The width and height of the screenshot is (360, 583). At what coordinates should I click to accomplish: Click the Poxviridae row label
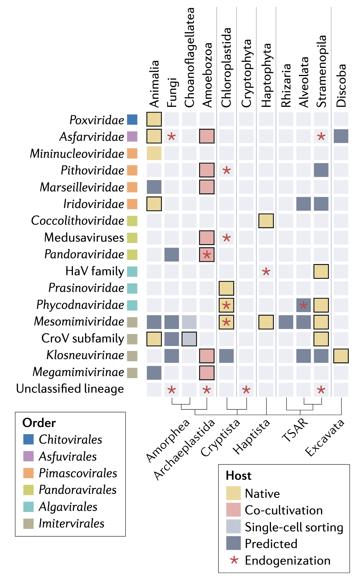pyautogui.click(x=97, y=120)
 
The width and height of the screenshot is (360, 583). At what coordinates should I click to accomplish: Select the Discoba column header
pyautogui.click(x=341, y=86)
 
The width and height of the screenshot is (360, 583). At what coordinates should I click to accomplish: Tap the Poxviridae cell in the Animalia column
pyautogui.click(x=154, y=119)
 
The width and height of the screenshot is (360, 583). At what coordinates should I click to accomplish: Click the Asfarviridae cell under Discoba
pyautogui.click(x=341, y=136)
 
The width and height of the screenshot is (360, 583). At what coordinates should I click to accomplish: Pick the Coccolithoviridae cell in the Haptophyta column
pyautogui.click(x=266, y=221)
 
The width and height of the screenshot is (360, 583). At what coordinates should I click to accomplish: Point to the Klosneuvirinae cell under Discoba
pyautogui.click(x=341, y=356)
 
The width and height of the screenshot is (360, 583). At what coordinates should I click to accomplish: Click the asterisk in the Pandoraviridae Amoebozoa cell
pyautogui.click(x=207, y=255)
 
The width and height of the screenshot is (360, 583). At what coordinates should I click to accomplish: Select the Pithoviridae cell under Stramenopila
pyautogui.click(x=321, y=170)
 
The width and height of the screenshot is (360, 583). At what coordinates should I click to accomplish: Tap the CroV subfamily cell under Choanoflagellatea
pyautogui.click(x=189, y=339)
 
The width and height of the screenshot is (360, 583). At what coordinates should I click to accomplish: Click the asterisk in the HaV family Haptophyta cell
pyautogui.click(x=266, y=272)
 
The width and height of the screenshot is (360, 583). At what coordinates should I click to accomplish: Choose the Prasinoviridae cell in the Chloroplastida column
pyautogui.click(x=226, y=288)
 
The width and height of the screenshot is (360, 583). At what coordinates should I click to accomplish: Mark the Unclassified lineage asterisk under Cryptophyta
pyautogui.click(x=246, y=390)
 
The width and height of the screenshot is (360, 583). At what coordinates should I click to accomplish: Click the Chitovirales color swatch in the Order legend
pyautogui.click(x=28, y=439)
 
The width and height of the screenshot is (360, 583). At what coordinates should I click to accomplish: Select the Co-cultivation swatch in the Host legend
pyautogui.click(x=233, y=510)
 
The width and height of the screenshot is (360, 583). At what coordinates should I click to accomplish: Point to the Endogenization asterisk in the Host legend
pyautogui.click(x=234, y=560)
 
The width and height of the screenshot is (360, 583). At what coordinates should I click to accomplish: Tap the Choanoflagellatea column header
pyautogui.click(x=190, y=57)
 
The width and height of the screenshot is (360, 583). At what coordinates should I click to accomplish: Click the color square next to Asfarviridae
pyautogui.click(x=132, y=137)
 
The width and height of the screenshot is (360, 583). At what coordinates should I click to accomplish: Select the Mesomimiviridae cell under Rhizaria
pyautogui.click(x=286, y=322)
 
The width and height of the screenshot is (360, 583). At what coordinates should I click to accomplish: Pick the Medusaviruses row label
pyautogui.click(x=84, y=238)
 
